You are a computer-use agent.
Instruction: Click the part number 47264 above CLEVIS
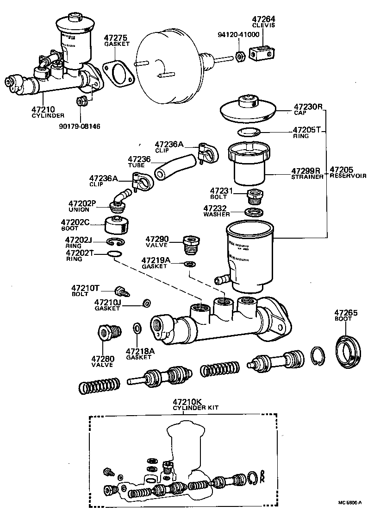coord(263,19)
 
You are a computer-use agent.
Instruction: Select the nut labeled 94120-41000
coord(240,57)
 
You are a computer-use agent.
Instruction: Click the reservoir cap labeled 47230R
coord(248,109)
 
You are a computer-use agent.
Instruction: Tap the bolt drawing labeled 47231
coord(255,196)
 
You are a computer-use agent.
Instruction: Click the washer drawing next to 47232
coord(254,213)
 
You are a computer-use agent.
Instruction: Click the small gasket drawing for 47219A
coord(189,264)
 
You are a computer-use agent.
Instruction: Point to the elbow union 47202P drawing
coord(119,200)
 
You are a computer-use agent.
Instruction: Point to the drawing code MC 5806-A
coord(350,501)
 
